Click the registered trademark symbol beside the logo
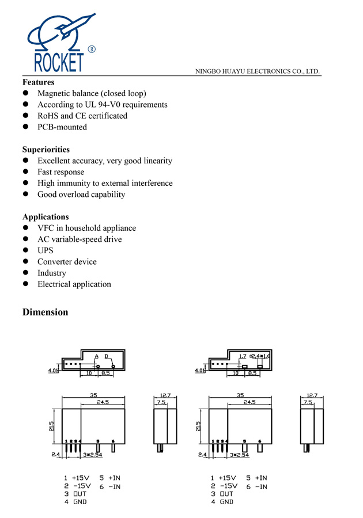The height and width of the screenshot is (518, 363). pos(91,49)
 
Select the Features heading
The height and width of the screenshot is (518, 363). pos(38,82)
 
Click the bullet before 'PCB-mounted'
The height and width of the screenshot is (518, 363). pos(25,127)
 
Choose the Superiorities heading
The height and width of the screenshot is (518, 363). pos(46,150)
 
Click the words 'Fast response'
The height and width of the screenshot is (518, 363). pos(60,172)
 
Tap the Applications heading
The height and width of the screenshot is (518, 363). pos(46,217)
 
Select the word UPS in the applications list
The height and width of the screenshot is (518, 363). pos(46,250)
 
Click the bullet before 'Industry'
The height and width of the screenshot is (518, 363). pos(25,273)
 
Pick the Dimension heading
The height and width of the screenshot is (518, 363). pos(45,313)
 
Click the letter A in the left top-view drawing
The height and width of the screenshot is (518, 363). pos(97,357)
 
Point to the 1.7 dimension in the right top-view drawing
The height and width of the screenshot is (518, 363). pos(243,357)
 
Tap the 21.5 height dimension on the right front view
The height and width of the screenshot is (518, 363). pos(199,426)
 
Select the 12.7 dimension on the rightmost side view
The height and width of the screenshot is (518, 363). pos(312,395)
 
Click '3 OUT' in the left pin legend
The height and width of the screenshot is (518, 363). pos(75,494)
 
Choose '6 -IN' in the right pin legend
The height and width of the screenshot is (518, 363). pos(256,486)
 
